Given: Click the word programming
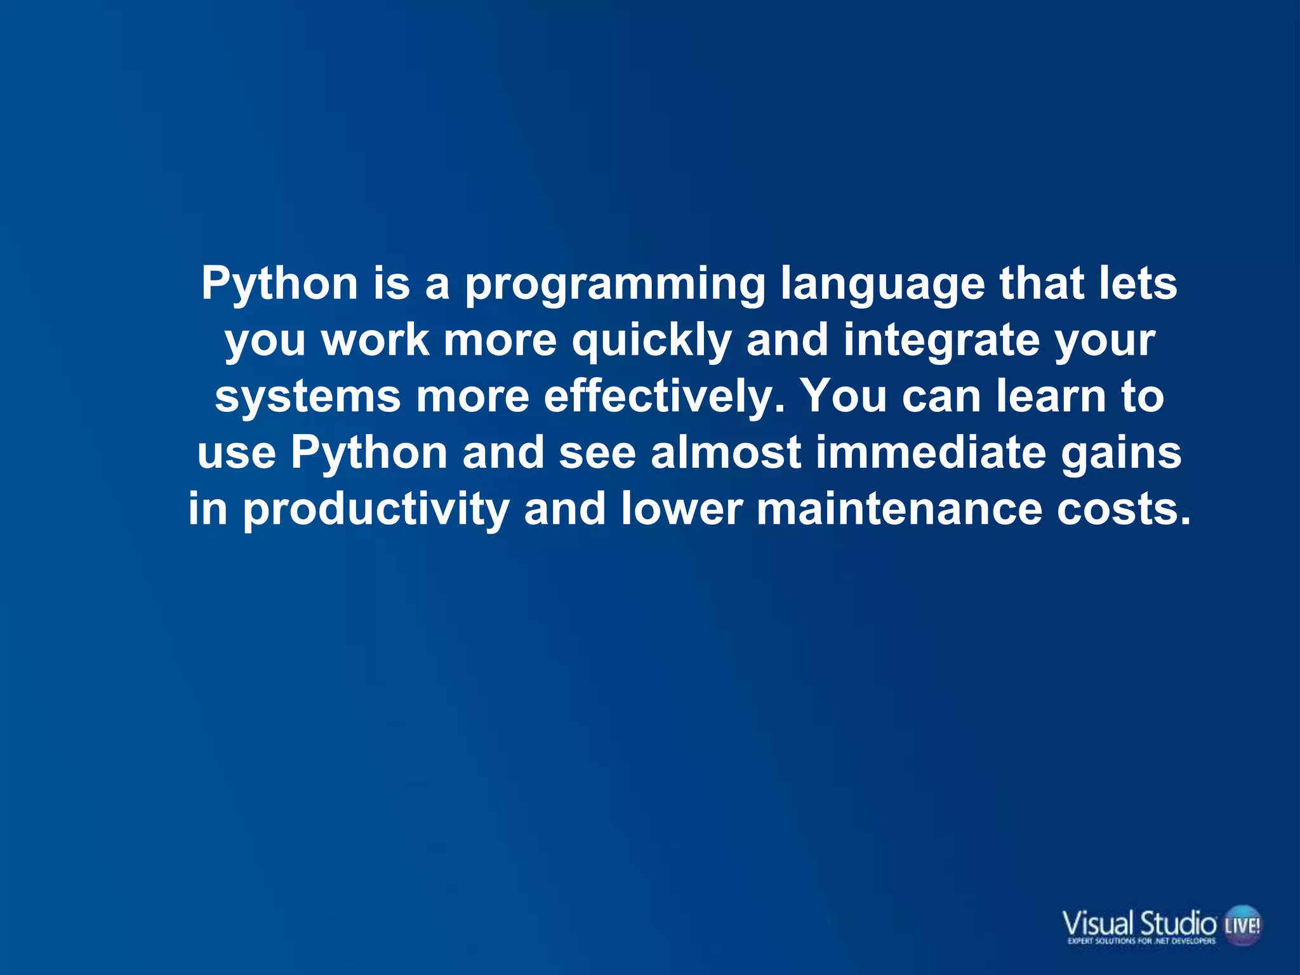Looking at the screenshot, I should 614,284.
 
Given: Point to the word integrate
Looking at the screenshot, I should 941,341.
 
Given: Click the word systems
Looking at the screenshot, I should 308,397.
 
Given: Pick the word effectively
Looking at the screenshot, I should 664,397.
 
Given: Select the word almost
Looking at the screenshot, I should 726,453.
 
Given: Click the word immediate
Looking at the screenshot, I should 931,453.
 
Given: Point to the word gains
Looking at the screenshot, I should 1121,453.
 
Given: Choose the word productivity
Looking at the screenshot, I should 376,510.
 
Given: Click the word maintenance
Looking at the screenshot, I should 899,510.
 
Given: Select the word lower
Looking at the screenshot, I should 681,510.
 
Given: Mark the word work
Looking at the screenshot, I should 375,341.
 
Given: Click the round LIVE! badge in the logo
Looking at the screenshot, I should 1242,925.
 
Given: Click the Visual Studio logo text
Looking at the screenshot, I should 1139,922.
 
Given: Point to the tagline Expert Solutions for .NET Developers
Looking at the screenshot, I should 1141,941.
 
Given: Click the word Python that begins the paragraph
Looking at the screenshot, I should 280,284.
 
